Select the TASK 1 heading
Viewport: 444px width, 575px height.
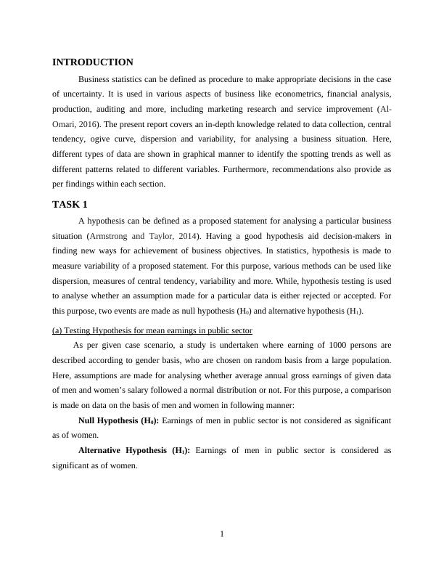click(x=70, y=204)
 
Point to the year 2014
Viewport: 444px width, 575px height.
click(x=187, y=236)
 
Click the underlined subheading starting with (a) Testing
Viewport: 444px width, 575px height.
click(x=152, y=330)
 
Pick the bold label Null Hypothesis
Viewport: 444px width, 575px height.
click(x=123, y=420)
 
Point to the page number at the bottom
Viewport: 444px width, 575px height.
click(x=222, y=535)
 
